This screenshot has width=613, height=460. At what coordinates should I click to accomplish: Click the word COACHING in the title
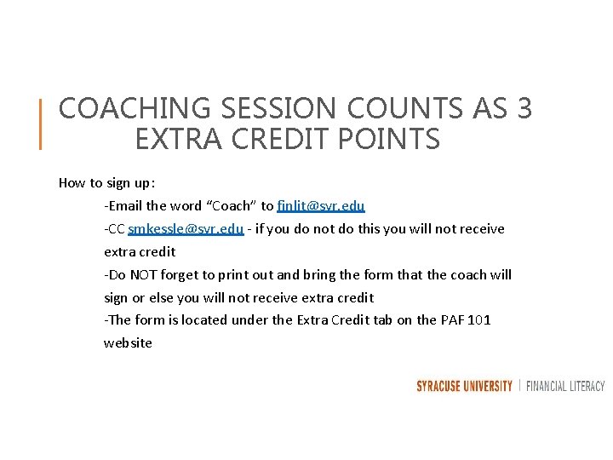(123, 109)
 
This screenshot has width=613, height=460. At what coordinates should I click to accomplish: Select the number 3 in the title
(524, 109)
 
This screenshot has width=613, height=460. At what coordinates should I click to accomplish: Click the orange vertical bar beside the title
(41, 124)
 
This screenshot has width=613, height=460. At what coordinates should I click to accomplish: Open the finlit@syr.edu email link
(321, 205)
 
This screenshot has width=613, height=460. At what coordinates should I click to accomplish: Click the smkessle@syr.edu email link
(186, 228)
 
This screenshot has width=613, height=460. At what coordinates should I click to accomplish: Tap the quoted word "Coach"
(230, 205)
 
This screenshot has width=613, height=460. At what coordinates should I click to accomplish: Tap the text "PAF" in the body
(450, 320)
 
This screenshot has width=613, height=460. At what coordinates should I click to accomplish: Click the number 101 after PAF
(478, 320)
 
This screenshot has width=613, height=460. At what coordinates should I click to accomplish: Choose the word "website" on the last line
(128, 343)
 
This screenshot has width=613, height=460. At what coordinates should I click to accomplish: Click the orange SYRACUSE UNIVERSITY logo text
(464, 386)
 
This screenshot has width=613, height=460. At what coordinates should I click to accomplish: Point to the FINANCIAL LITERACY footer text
(565, 386)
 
